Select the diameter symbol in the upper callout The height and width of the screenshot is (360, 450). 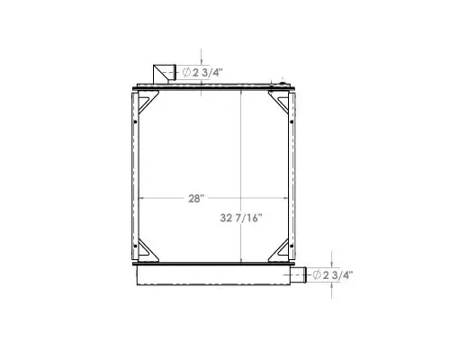[186, 72]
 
